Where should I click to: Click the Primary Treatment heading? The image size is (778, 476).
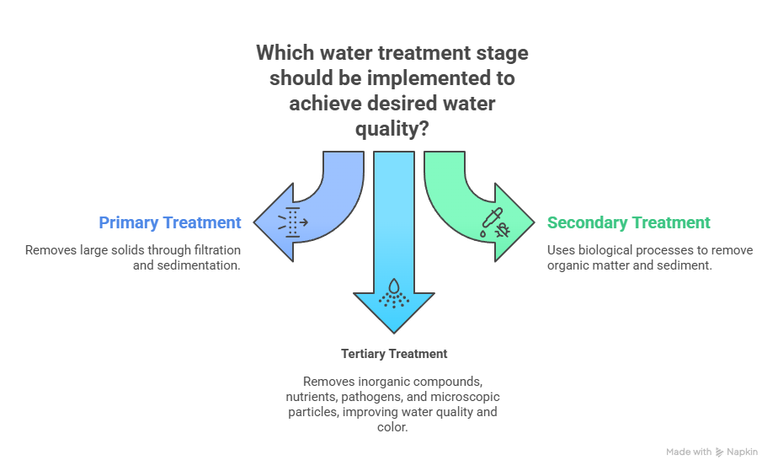tap(170, 223)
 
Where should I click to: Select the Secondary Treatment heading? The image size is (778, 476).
tap(628, 223)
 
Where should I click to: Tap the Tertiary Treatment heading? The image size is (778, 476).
tap(394, 354)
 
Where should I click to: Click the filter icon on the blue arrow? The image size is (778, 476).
tap(293, 221)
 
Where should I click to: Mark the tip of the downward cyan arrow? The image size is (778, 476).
tap(393, 332)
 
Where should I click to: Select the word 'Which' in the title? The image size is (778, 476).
tap(284, 53)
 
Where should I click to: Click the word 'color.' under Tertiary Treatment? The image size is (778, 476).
tap(393, 427)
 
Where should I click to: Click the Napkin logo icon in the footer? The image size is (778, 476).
tap(719, 452)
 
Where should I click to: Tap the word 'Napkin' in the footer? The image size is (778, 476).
tap(743, 452)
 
